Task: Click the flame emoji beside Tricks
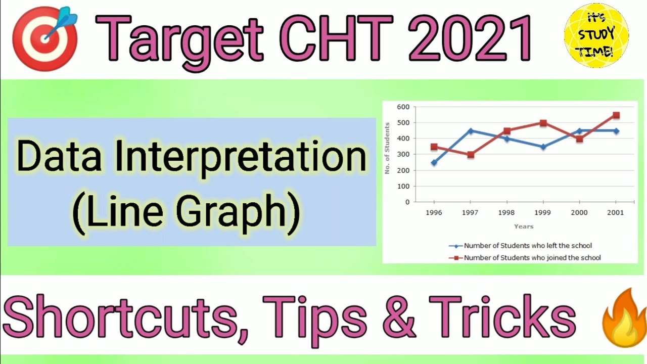click(x=623, y=317)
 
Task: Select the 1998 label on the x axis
click(x=506, y=213)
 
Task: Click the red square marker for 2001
click(x=616, y=115)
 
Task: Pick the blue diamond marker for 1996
click(x=434, y=162)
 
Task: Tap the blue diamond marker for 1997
click(x=470, y=131)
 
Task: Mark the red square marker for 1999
click(x=543, y=123)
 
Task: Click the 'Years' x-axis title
click(x=524, y=226)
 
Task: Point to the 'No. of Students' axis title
click(x=388, y=148)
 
